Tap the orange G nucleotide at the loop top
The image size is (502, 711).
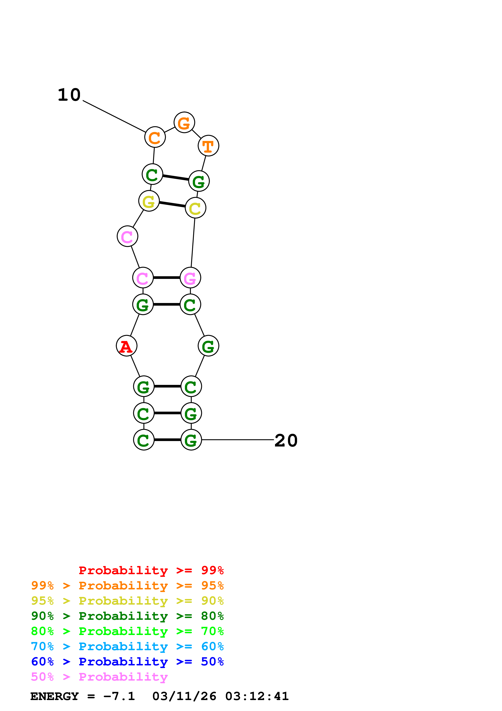tap(184, 122)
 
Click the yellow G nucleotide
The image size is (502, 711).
tap(149, 201)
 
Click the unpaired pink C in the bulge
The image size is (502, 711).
tap(127, 236)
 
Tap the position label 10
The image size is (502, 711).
tap(69, 95)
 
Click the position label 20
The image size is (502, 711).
tap(286, 440)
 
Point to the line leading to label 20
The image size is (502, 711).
tap(238, 440)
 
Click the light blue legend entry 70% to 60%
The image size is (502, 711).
tap(127, 647)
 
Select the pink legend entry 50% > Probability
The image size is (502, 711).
tap(99, 677)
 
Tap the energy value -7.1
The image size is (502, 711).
tap(119, 696)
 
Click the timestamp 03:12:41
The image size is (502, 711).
tap(257, 696)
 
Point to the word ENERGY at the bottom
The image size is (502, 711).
tap(54, 696)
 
